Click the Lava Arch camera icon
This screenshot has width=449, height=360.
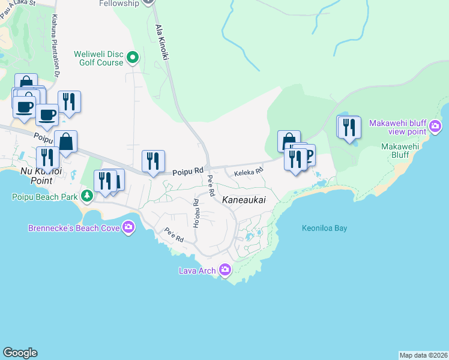tap(225, 270)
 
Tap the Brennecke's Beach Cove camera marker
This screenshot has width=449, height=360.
tap(128, 227)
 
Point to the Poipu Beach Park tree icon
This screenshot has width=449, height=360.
tap(87, 196)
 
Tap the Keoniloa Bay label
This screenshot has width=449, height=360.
tap(324, 228)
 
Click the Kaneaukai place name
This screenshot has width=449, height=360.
tap(244, 199)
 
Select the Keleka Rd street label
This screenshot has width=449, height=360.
tap(249, 171)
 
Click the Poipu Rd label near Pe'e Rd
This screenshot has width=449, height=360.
tap(187, 171)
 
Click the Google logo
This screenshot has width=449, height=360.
tap(20, 353)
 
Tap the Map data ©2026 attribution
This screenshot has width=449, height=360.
tap(423, 355)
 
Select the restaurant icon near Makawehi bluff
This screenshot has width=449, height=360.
tap(348, 127)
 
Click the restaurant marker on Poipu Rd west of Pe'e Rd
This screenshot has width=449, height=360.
tap(153, 161)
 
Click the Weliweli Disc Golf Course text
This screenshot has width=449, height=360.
tap(98, 58)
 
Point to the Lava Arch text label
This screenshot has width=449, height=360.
tap(197, 271)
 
